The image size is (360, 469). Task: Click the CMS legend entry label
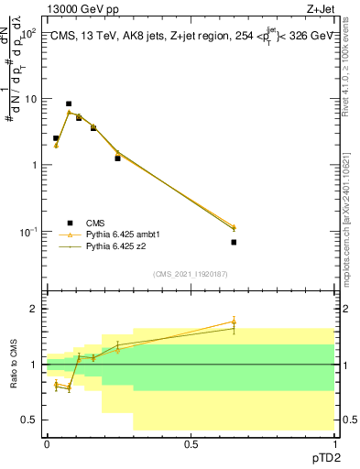click(x=94, y=222)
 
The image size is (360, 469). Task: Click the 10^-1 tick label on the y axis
click(x=28, y=232)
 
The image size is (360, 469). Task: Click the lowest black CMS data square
click(x=234, y=242)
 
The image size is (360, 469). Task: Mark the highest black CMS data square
click(x=69, y=104)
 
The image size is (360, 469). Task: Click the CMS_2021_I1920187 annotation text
click(x=190, y=274)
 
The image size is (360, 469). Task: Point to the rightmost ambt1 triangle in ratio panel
click(x=234, y=322)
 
